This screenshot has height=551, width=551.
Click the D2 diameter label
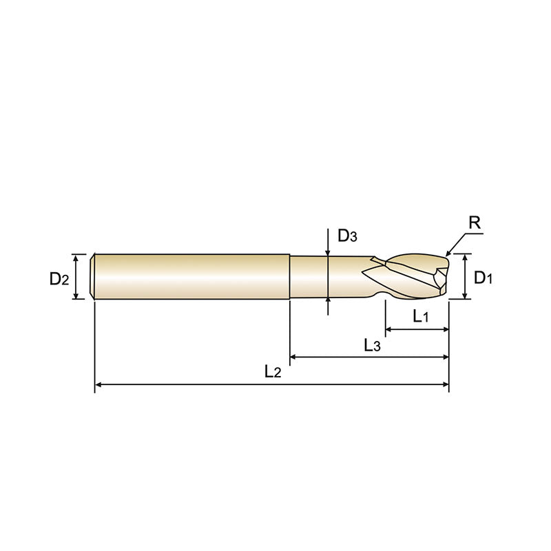click(x=59, y=278)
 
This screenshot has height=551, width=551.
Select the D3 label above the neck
click(x=347, y=236)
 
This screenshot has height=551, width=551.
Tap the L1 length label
click(x=421, y=316)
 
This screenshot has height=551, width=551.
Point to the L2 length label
click(x=273, y=371)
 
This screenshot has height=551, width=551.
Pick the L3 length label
click(x=372, y=345)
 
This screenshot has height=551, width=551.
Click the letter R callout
click(x=474, y=223)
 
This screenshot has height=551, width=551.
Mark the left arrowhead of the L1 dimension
click(x=388, y=330)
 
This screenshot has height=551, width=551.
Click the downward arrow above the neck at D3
click(x=328, y=252)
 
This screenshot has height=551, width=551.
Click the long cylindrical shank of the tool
click(x=193, y=277)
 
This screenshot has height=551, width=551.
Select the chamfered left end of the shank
click(x=94, y=277)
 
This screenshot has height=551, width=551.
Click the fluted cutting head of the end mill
click(x=413, y=277)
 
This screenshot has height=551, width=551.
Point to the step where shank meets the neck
click(x=289, y=277)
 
